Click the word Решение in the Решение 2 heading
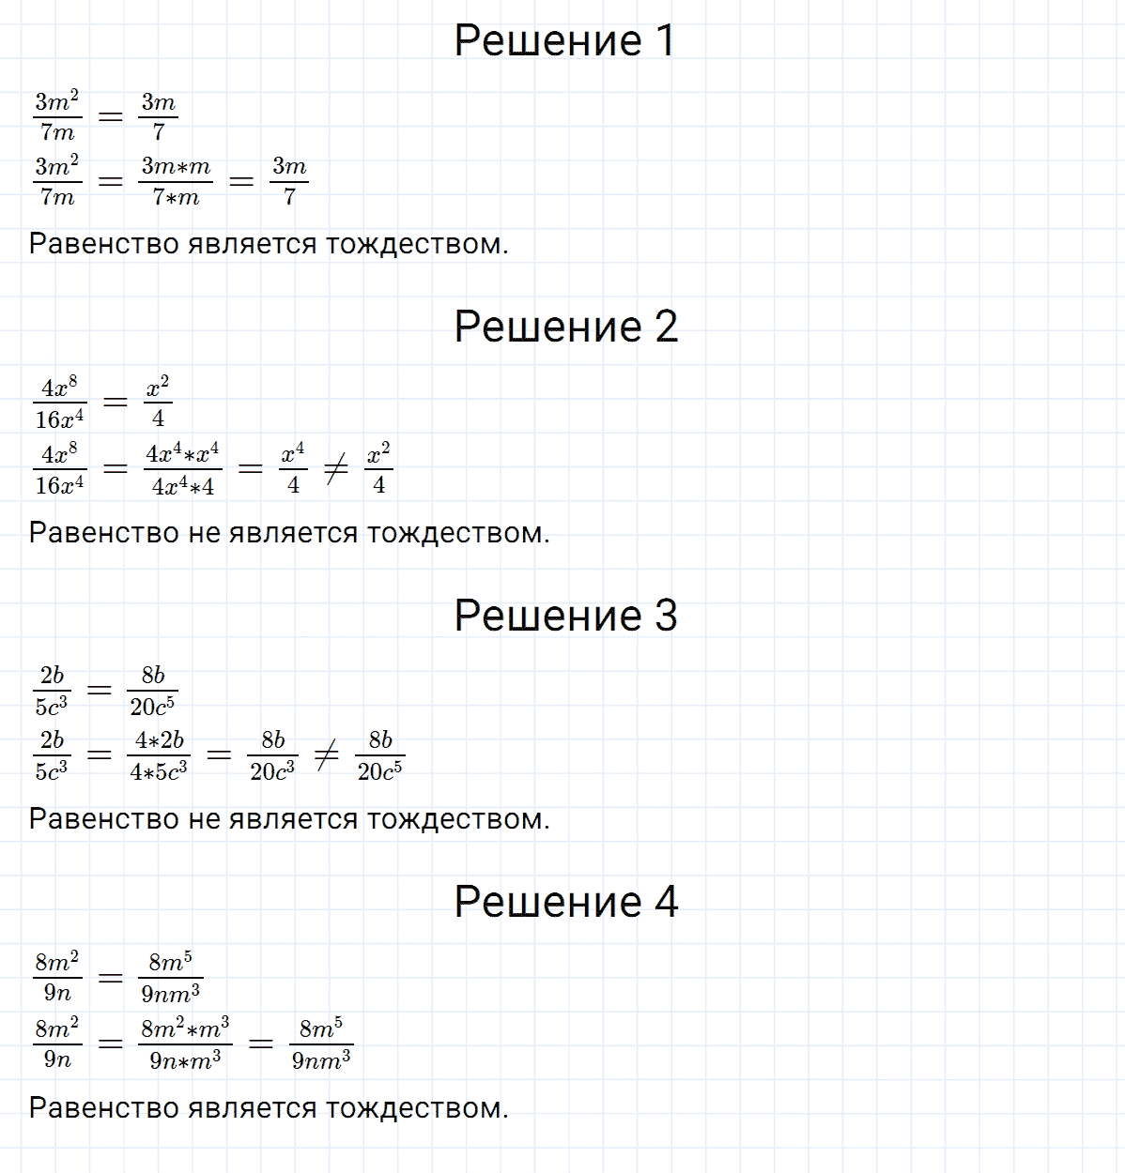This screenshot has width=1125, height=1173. (547, 327)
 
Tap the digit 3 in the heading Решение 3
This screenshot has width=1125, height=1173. (666, 616)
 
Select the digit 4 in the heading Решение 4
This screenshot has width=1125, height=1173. (666, 903)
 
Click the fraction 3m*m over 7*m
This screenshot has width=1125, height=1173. (176, 181)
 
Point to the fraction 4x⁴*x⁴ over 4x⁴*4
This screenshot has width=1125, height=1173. (183, 468)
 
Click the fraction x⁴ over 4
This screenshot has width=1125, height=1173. (293, 468)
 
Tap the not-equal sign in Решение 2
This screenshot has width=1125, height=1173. (336, 469)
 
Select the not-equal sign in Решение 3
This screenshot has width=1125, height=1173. (327, 755)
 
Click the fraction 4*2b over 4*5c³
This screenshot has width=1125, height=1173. (159, 755)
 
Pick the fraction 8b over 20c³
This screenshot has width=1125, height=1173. (272, 755)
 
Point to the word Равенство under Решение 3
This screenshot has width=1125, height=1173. (103, 819)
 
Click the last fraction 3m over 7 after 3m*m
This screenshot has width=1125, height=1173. (289, 181)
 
